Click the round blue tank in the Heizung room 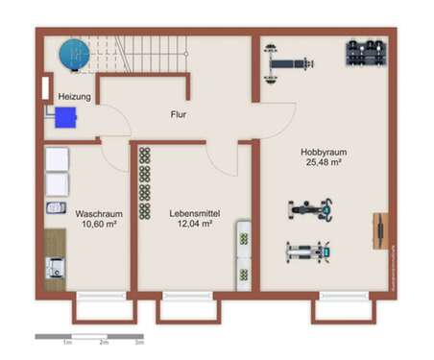(x=72, y=54)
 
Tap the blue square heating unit (x=65, y=117)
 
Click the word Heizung (x=75, y=97)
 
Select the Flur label (x=179, y=114)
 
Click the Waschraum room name (x=97, y=214)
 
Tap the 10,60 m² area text (x=97, y=224)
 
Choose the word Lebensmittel (x=190, y=214)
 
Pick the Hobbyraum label (x=323, y=152)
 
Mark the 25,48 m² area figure (x=323, y=162)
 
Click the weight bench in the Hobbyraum (x=287, y=61)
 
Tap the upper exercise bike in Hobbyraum (x=310, y=208)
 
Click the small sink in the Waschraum (x=56, y=207)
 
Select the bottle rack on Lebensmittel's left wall (x=145, y=188)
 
